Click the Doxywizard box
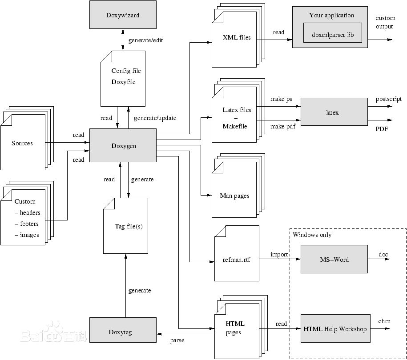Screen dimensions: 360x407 (x=123, y=15)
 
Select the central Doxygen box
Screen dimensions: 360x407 (x=123, y=145)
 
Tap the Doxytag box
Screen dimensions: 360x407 (x=123, y=332)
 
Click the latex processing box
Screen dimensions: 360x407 (x=332, y=112)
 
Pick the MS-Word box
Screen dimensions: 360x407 (x=334, y=259)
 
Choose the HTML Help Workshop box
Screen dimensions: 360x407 (x=335, y=329)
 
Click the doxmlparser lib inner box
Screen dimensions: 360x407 (x=333, y=34)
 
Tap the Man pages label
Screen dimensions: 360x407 (x=234, y=196)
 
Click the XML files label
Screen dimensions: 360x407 (x=237, y=37)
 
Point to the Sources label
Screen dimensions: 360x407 (x=22, y=143)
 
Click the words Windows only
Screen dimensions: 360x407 (x=312, y=235)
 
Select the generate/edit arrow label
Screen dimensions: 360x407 (x=145, y=40)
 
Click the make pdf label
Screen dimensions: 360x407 (x=282, y=127)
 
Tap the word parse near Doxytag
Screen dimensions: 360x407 (x=177, y=340)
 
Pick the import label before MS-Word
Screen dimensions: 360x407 (x=279, y=254)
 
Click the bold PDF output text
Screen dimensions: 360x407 (x=382, y=129)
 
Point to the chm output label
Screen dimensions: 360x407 (x=384, y=321)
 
